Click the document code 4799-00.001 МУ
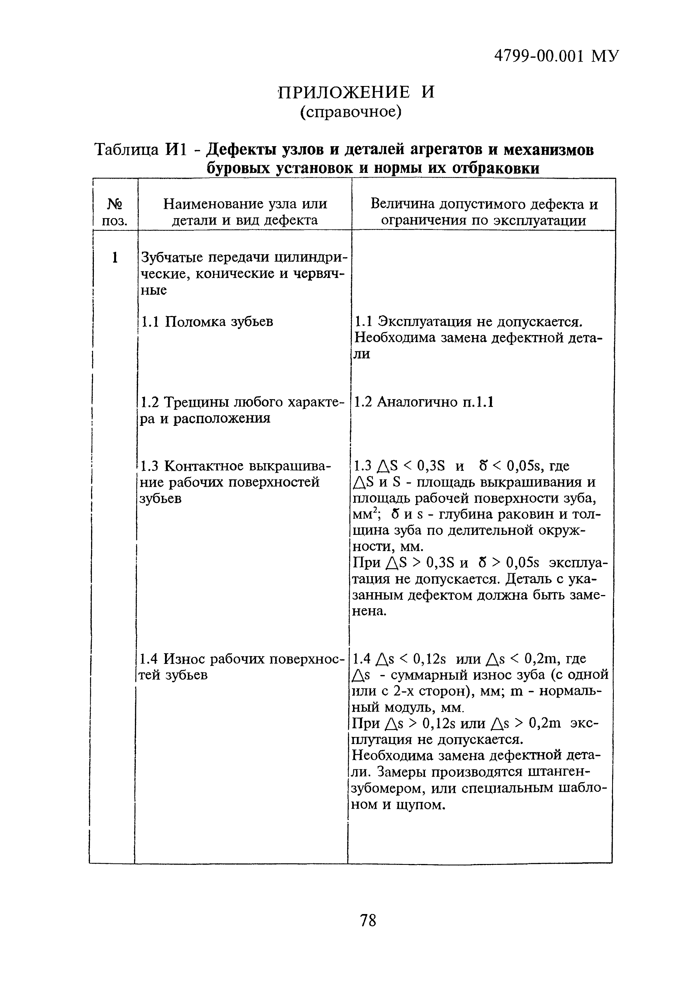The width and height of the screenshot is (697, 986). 556,56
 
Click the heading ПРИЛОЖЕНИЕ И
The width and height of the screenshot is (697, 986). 356,92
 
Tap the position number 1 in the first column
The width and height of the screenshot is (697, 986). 114,258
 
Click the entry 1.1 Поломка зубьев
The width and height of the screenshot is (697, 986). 207,321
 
